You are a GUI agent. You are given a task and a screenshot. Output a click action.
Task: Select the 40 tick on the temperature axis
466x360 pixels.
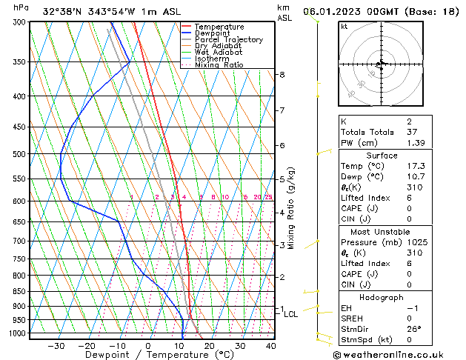click(x=270, y=346)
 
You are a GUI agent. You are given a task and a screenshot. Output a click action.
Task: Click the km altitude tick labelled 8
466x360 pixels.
click(x=282, y=75)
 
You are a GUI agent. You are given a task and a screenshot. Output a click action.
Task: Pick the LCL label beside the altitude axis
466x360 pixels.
click(x=291, y=314)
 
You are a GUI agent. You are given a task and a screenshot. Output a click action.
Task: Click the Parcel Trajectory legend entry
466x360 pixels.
click(x=228, y=40)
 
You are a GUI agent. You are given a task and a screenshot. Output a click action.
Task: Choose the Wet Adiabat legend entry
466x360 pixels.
click(x=219, y=53)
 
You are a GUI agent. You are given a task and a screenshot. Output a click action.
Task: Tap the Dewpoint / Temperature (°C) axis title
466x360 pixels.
click(x=149, y=356)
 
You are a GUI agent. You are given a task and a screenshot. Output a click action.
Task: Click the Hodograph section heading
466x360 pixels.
click(x=382, y=297)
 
